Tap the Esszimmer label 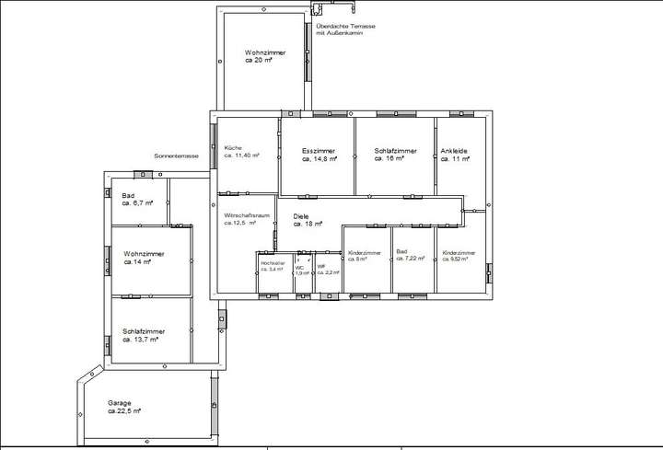point(318,151)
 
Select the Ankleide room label point(455,151)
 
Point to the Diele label point(300,215)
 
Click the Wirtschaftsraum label point(247,214)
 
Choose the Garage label point(119,403)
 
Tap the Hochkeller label point(273,263)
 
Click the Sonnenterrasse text point(177,157)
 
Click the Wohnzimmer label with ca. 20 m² point(264,53)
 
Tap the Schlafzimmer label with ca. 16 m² point(396,151)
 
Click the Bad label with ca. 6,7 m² point(128,195)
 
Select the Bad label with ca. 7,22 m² point(401,251)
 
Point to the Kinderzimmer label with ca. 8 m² point(365,251)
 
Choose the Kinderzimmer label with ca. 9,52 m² point(459,251)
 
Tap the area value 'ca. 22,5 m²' point(124,411)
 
